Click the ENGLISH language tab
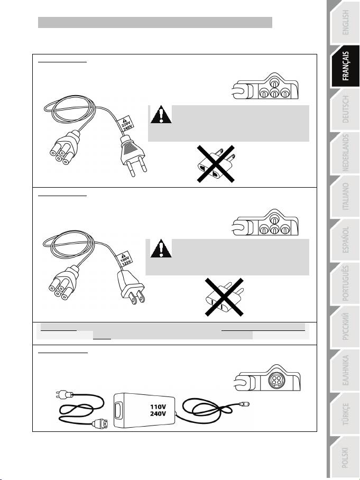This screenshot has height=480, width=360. [x=345, y=23]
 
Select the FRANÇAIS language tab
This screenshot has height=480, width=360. [x=345, y=67]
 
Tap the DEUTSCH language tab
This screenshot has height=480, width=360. [x=345, y=109]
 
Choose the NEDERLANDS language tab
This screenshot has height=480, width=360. [x=345, y=153]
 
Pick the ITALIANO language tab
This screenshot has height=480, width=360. [x=345, y=197]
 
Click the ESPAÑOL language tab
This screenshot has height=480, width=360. [x=345, y=240]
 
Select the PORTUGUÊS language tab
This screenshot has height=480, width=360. [x=345, y=283]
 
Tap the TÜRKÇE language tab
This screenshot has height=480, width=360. [x=345, y=414]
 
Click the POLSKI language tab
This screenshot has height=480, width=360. [x=345, y=457]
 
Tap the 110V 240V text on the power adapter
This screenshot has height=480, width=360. [x=158, y=410]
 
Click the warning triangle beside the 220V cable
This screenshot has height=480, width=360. [x=161, y=115]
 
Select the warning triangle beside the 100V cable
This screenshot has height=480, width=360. [x=161, y=248]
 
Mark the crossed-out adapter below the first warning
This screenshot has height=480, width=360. [x=216, y=164]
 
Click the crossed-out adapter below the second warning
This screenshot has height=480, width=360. [x=224, y=297]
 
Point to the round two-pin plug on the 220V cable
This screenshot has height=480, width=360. [x=132, y=155]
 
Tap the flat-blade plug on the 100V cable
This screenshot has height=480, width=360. [x=131, y=288]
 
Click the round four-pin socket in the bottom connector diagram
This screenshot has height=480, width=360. [x=276, y=380]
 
